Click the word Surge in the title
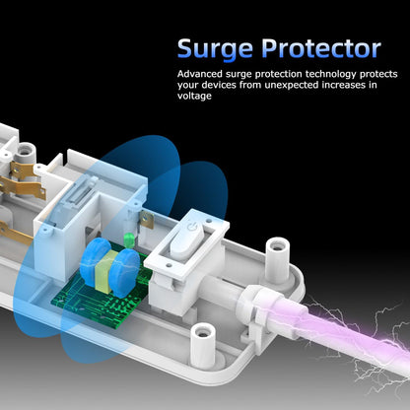pos(215,49)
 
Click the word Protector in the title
pos(321,48)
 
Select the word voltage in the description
pos(194,96)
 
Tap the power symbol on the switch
pos(191,227)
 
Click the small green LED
pos(129,239)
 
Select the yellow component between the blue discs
pos(106,271)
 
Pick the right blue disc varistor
pos(126,273)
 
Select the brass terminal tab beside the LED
pos(147,221)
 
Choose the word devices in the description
pos(218,85)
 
